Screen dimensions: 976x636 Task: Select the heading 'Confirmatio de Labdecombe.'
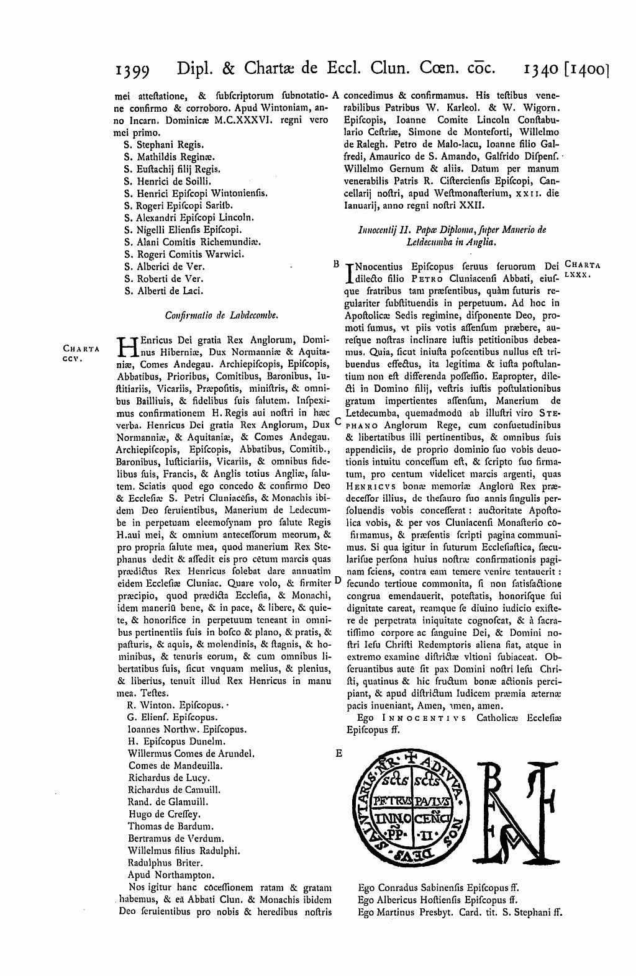coord(221,315)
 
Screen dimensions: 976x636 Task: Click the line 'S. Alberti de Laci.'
coord(163,291)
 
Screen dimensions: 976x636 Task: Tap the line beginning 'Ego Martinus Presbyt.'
coord(460,912)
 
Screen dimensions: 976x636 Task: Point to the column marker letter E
coord(338,753)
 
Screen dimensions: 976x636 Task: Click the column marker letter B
coord(335,264)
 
